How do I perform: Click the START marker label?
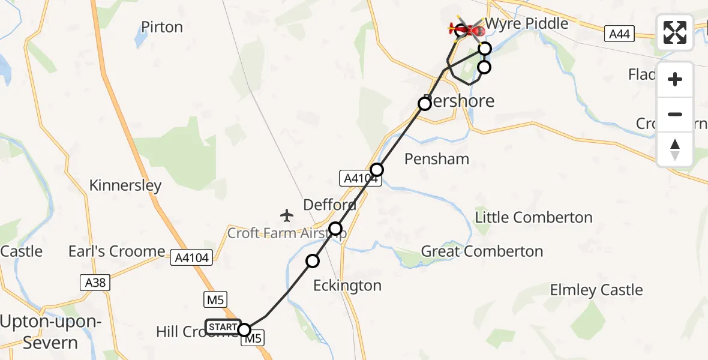tap(223, 327)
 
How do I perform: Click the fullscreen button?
tap(675, 32)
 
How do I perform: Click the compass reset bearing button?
tap(675, 149)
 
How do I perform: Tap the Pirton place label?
tap(162, 27)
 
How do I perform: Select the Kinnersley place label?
tap(125, 185)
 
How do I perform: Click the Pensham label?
tap(437, 159)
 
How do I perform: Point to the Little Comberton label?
tap(534, 217)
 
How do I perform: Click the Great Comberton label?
tap(482, 251)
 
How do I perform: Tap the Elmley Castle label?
tap(596, 290)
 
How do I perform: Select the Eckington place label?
tap(347, 286)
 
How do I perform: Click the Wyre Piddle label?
tap(527, 23)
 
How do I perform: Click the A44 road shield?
tap(619, 34)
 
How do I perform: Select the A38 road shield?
tap(95, 283)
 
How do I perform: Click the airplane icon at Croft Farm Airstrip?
tap(287, 214)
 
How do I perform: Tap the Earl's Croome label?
tap(116, 251)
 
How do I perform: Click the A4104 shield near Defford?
tap(361, 178)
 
